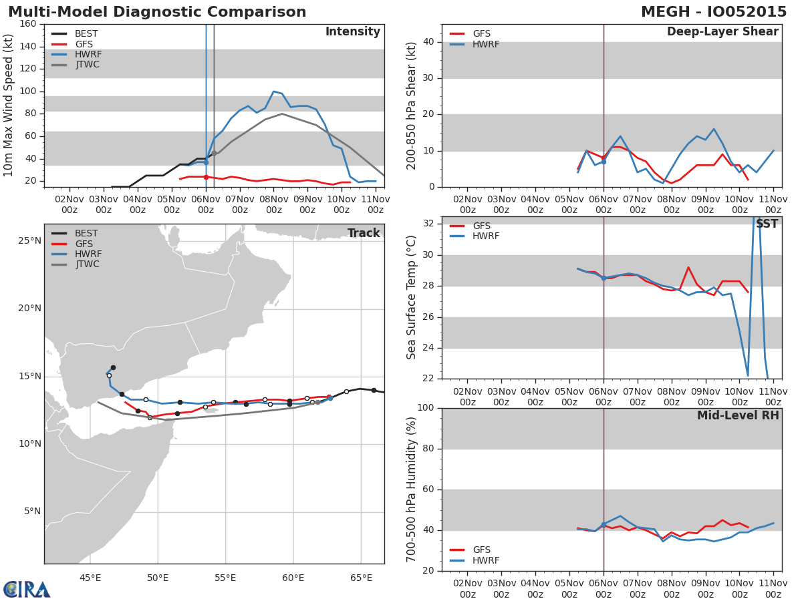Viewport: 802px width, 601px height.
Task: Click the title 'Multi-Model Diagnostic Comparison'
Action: click(x=157, y=13)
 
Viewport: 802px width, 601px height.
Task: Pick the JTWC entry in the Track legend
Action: click(x=88, y=264)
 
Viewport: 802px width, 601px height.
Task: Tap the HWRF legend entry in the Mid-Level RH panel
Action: click(x=486, y=560)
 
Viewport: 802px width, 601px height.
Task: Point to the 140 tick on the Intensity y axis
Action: click(x=28, y=47)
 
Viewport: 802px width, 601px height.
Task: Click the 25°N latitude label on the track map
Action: click(x=29, y=240)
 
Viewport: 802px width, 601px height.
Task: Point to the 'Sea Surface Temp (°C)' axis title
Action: click(x=412, y=298)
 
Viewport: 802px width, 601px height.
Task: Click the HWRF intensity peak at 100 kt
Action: click(x=273, y=91)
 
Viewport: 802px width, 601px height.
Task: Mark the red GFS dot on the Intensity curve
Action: click(x=206, y=177)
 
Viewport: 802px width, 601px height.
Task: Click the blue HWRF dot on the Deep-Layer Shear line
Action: click(x=603, y=162)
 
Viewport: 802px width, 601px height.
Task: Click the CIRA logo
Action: click(x=27, y=589)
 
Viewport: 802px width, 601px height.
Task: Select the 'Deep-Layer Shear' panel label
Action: click(x=722, y=32)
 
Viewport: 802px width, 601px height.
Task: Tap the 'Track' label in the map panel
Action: click(x=364, y=233)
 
